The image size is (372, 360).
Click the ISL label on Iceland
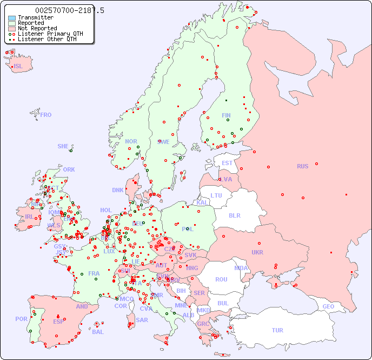(18, 67)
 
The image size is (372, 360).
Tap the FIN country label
(226, 115)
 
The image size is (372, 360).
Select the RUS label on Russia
(302, 166)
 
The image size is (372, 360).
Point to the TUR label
(277, 330)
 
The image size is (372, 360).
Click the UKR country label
(257, 252)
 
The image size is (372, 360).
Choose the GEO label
(328, 306)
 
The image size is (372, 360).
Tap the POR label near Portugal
(21, 319)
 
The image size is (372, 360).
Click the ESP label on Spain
(58, 321)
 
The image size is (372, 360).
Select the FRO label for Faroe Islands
(46, 115)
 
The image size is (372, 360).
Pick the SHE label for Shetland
(63, 146)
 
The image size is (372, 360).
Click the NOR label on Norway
(131, 141)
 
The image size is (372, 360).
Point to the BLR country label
(234, 215)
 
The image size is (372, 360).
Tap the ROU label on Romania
(221, 279)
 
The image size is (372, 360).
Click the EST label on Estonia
(227, 163)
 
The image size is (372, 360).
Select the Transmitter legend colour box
(12, 18)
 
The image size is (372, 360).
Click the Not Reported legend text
(37, 28)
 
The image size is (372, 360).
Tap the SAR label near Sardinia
(142, 320)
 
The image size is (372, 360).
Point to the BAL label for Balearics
(97, 332)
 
